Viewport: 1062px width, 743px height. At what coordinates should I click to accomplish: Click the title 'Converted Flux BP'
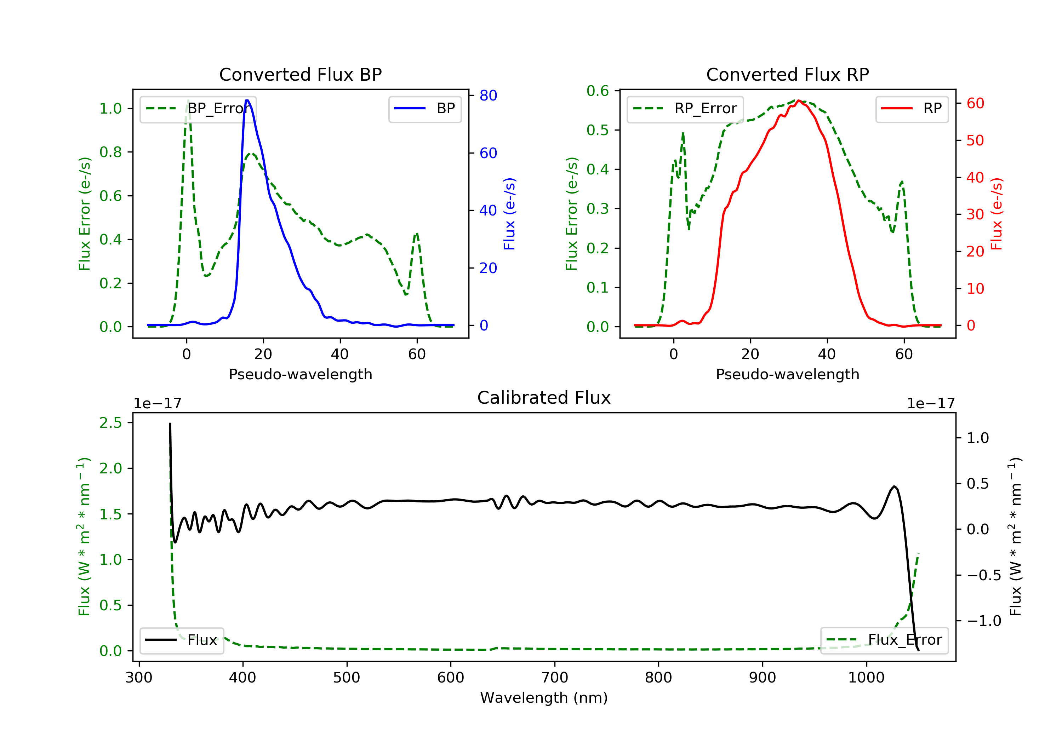[300, 74]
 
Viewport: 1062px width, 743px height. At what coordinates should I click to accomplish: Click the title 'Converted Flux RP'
[787, 74]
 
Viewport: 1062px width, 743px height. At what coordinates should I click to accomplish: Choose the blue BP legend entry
[424, 109]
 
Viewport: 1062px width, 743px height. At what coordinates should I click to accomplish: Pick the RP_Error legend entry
[685, 109]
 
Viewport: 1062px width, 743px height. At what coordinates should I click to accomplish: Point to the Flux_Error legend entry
[884, 640]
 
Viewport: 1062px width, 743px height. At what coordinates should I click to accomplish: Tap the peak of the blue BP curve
[247, 100]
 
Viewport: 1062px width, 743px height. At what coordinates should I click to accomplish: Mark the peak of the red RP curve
[799, 101]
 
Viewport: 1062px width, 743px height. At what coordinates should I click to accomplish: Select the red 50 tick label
[975, 140]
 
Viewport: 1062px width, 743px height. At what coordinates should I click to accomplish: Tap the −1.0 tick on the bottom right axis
[983, 621]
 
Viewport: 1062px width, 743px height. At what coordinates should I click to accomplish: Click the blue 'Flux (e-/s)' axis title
[509, 214]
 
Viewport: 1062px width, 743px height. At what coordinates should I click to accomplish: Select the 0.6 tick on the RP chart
[598, 91]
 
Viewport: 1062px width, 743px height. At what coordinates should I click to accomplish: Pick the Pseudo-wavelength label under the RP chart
[787, 374]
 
